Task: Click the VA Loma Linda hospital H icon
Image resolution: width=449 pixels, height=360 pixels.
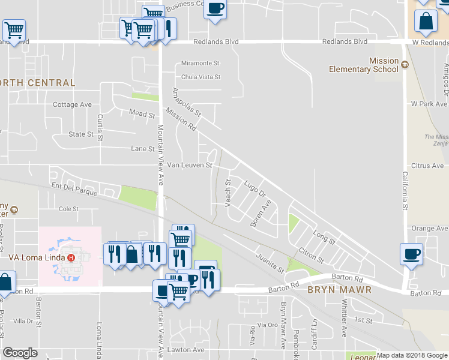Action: pyautogui.click(x=71, y=258)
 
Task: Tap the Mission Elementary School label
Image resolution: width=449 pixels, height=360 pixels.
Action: pyautogui.click(x=364, y=65)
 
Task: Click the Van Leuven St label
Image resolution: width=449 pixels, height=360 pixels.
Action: pyautogui.click(x=190, y=165)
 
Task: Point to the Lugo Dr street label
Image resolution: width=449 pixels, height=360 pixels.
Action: pyautogui.click(x=255, y=187)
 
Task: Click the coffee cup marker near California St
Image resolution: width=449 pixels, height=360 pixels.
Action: pyautogui.click(x=411, y=253)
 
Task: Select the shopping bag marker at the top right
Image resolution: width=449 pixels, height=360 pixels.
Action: pyautogui.click(x=425, y=20)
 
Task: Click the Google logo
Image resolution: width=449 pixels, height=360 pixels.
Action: pyautogui.click(x=20, y=353)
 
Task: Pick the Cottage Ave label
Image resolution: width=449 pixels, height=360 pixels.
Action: pyautogui.click(x=73, y=104)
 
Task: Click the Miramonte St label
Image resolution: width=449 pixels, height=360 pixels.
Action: pyautogui.click(x=201, y=63)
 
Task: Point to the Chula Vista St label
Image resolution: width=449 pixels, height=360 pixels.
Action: pyautogui.click(x=201, y=77)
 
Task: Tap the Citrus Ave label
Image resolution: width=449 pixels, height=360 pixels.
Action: pyautogui.click(x=427, y=166)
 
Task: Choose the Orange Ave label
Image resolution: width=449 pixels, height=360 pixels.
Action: pyautogui.click(x=430, y=229)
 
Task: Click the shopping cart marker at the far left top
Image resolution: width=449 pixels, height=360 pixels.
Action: pyautogui.click(x=14, y=29)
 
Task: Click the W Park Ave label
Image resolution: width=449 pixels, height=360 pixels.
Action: pyautogui.click(x=429, y=104)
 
